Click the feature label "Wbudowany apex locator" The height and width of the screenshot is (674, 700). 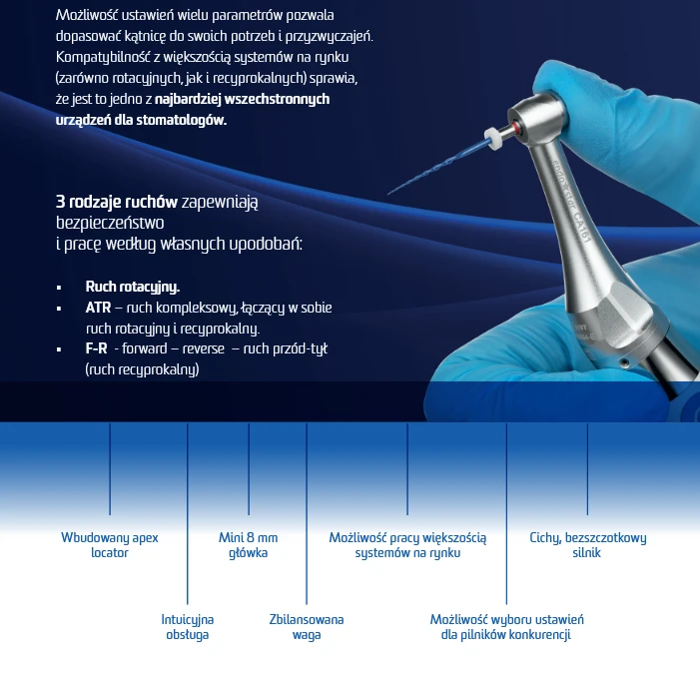click(x=109, y=545)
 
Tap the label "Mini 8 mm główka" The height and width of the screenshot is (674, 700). click(x=248, y=545)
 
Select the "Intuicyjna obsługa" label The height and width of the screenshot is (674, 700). click(x=187, y=627)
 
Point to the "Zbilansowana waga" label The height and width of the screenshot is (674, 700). click(x=306, y=627)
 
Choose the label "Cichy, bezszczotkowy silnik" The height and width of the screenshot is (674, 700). click(x=587, y=545)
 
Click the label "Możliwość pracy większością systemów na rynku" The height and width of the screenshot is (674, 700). click(x=407, y=545)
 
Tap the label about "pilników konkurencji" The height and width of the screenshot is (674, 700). click(x=505, y=627)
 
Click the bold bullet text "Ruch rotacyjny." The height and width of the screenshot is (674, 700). click(x=132, y=287)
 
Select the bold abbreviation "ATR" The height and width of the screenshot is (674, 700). click(x=98, y=308)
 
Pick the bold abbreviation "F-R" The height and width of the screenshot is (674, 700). click(x=97, y=348)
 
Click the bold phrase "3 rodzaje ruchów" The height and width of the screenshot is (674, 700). click(x=103, y=202)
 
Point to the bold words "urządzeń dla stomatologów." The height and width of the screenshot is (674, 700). click(x=141, y=120)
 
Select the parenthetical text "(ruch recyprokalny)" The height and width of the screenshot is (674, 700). click(x=142, y=369)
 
